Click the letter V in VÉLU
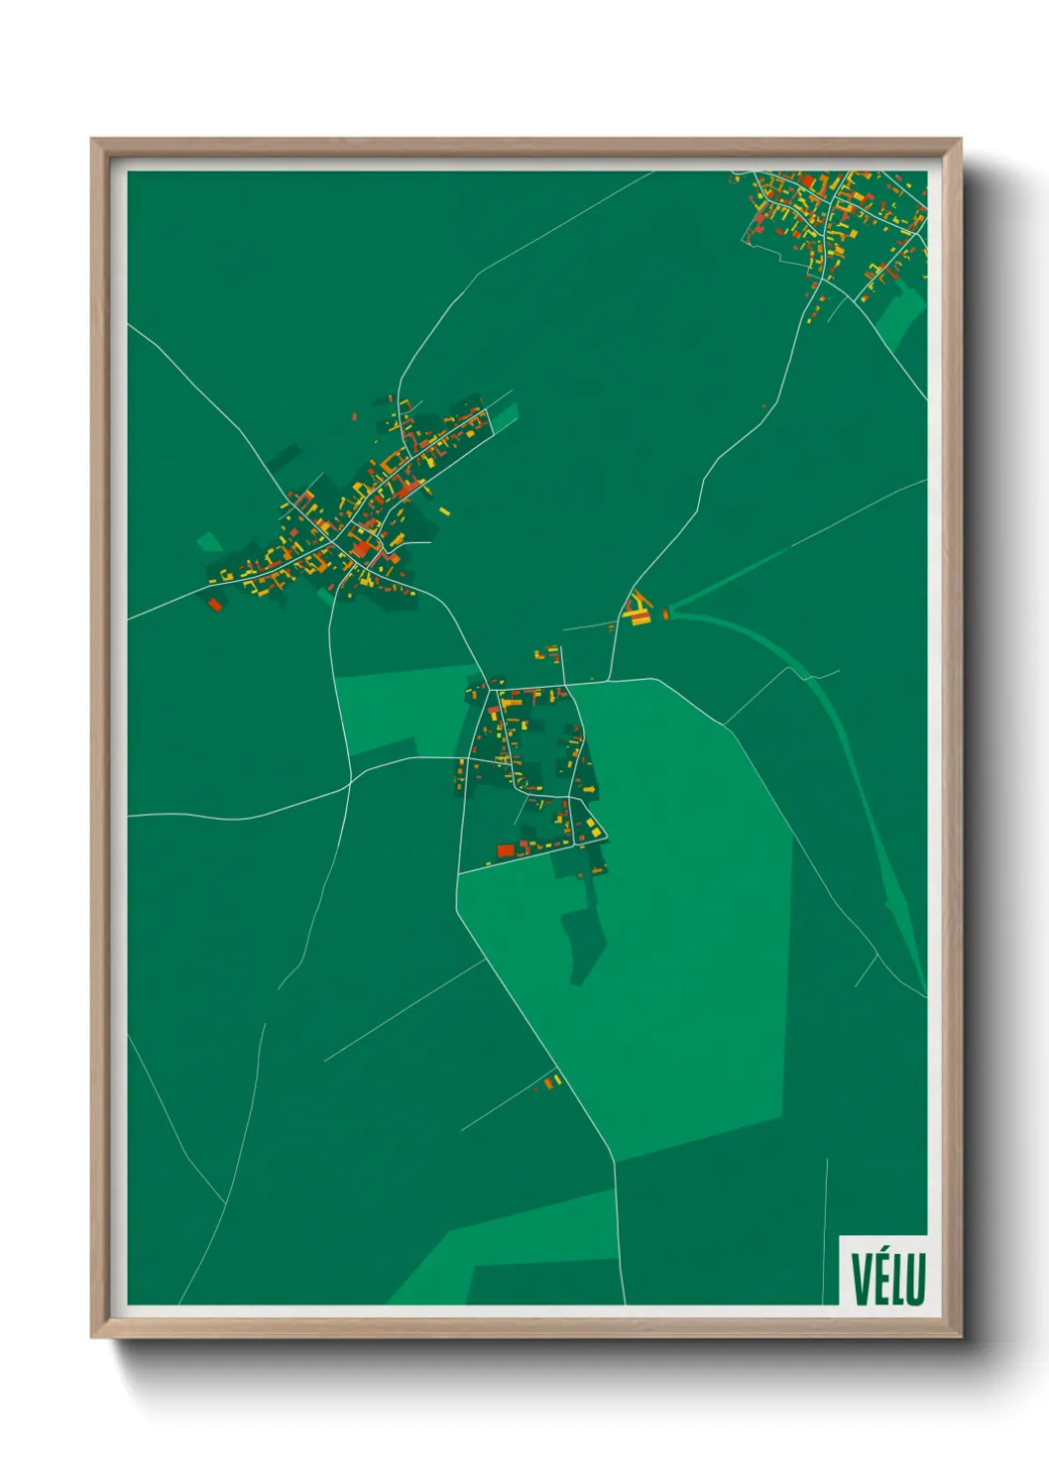[x=858, y=1280]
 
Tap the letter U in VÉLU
[x=916, y=1280]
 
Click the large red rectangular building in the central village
[x=506, y=850]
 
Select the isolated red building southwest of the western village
[x=214, y=603]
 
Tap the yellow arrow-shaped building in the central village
[x=589, y=789]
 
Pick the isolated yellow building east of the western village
[x=444, y=511]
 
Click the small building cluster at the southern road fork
[x=551, y=1081]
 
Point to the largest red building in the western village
[x=361, y=549]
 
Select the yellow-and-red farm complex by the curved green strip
[x=637, y=609]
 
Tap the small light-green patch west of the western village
[x=210, y=542]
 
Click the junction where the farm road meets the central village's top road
[x=608, y=681]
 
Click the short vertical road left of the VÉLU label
[x=825, y=1229]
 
